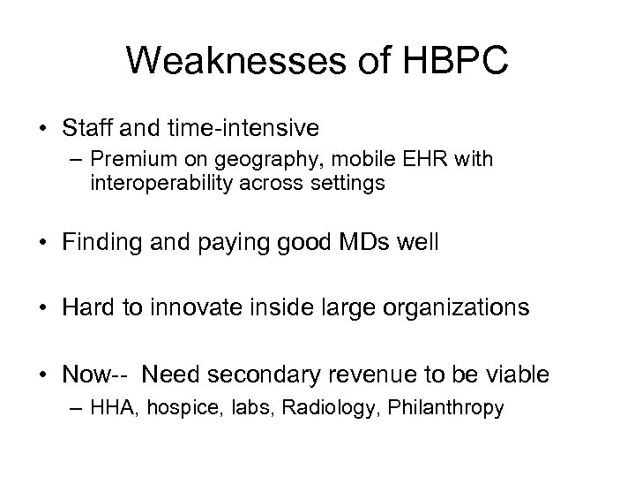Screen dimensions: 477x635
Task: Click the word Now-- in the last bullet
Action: [94, 375]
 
